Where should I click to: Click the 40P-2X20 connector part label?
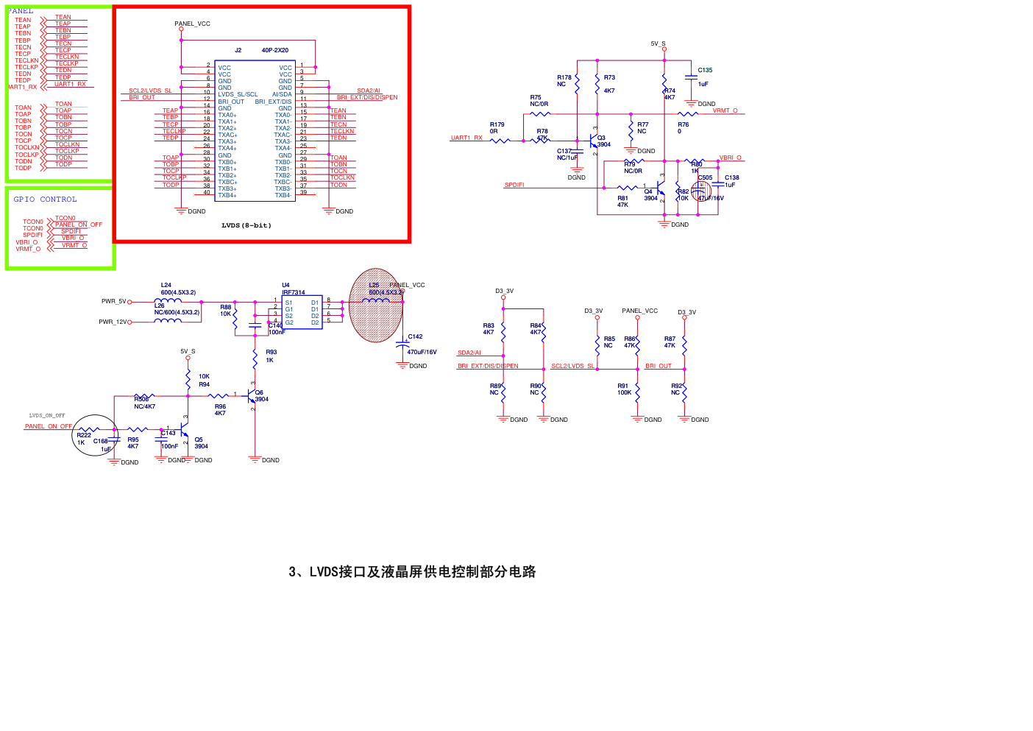coord(275,51)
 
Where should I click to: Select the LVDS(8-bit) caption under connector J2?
coord(246,225)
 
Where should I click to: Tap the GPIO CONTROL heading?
coord(45,199)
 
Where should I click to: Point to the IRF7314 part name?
coord(294,292)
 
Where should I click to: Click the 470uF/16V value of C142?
coord(422,352)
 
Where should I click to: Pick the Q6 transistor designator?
coord(259,392)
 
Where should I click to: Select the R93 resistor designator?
coord(271,352)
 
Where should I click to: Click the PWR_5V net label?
coord(113,301)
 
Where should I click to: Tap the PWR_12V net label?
coord(113,322)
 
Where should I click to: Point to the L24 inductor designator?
coord(166,285)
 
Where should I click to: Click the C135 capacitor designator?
coord(705,71)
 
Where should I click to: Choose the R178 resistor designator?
coord(564,77)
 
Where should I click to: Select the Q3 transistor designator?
coord(601,138)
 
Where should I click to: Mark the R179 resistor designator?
coord(497,125)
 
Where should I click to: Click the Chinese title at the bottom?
coord(412,572)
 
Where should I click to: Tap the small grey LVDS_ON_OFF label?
coord(47,415)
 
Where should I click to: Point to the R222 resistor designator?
coord(84,435)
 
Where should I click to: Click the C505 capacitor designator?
coord(705,177)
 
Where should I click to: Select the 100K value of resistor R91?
coord(624,392)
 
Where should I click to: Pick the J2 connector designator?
coord(238,51)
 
